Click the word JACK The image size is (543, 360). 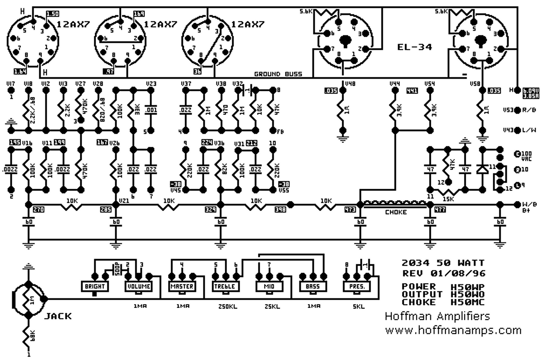(58, 316)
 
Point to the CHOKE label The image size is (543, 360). (395, 212)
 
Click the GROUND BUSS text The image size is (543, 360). (278, 74)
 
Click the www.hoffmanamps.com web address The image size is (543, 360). (453, 330)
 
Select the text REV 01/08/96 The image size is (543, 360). (443, 274)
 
